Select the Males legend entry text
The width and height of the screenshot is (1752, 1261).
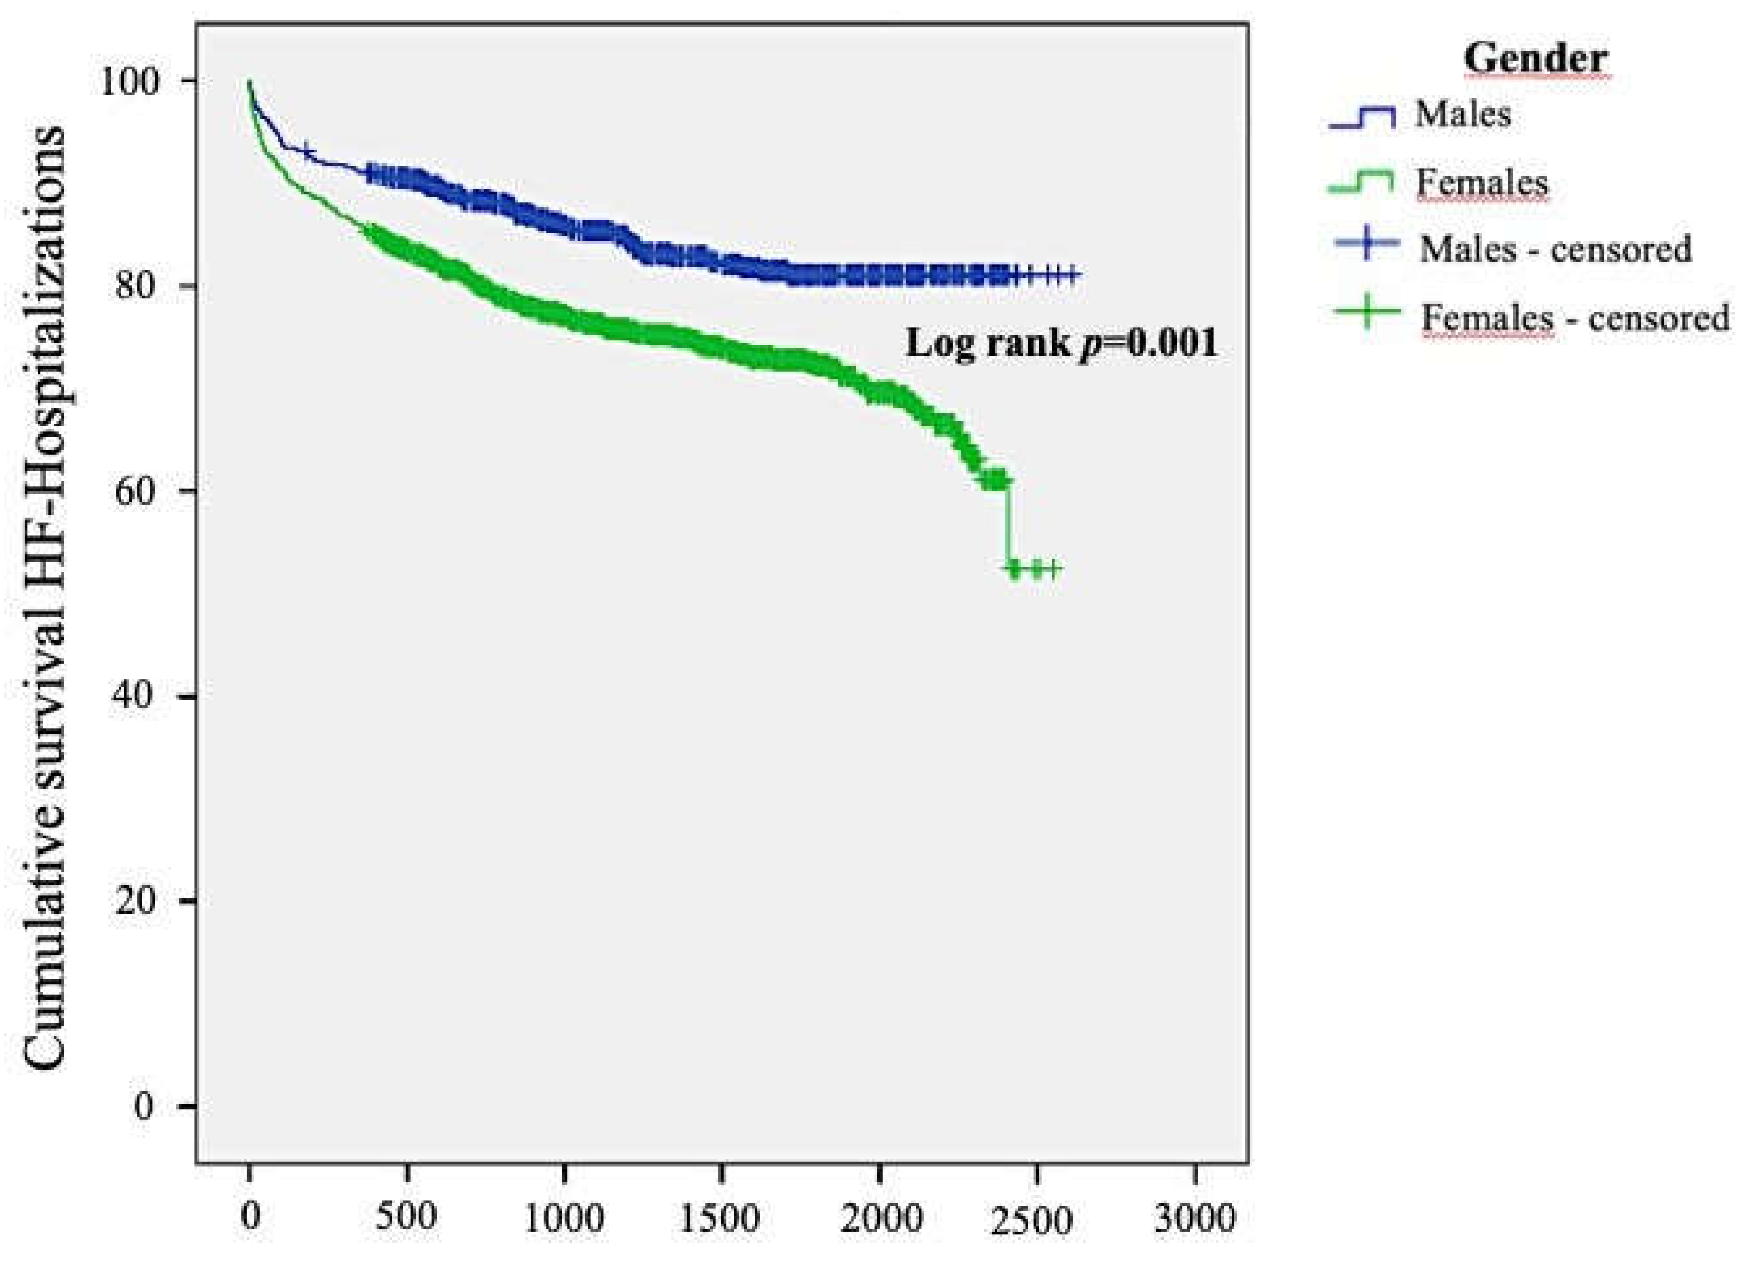click(x=1463, y=115)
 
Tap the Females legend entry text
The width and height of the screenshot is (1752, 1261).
click(x=1482, y=183)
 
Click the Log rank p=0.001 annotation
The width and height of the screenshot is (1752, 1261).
click(x=1061, y=343)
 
